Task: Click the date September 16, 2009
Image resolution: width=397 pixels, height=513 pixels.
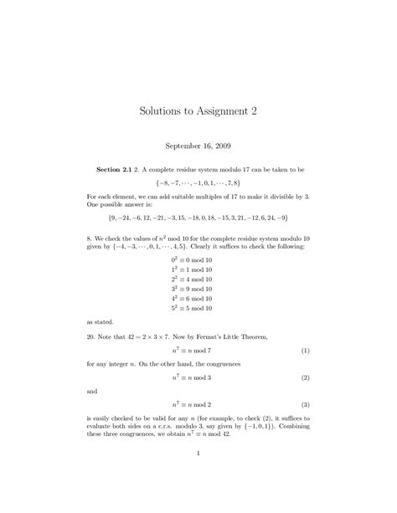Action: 198,144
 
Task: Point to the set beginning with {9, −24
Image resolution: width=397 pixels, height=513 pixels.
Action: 198,217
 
